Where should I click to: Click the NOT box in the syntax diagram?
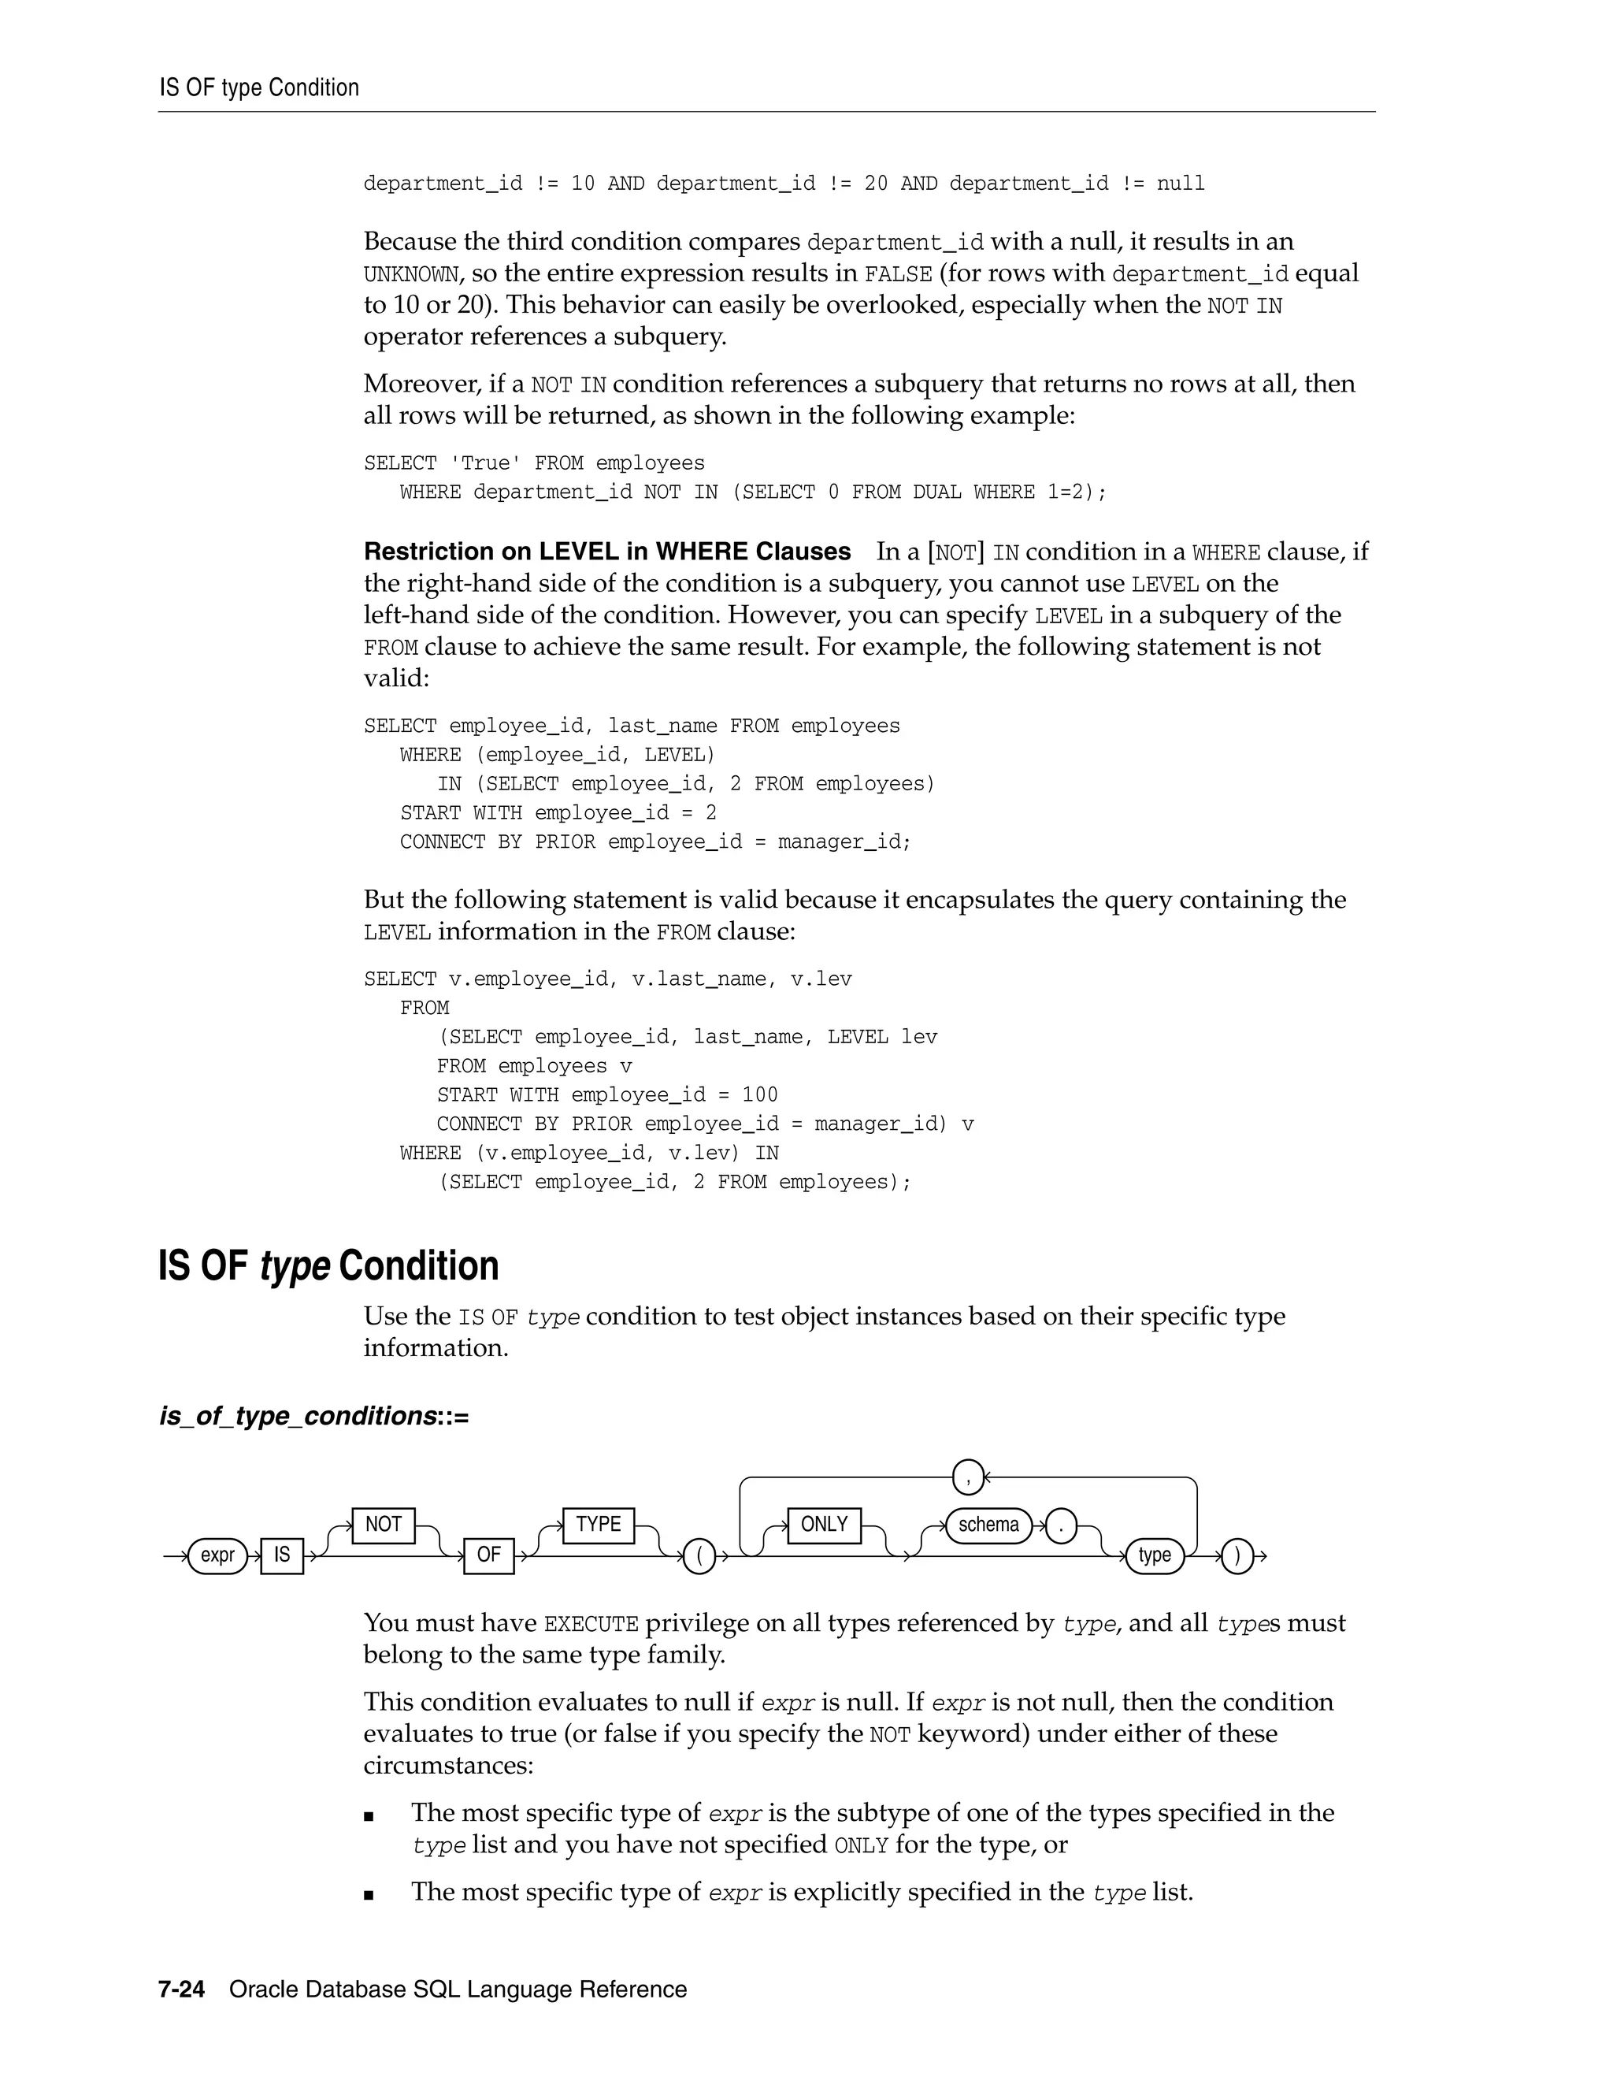(x=384, y=1524)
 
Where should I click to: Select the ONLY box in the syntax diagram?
(x=824, y=1524)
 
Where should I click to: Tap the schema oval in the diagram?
(x=988, y=1524)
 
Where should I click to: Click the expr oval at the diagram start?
(x=218, y=1555)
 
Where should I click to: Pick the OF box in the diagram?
(x=488, y=1555)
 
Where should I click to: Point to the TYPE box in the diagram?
(x=599, y=1524)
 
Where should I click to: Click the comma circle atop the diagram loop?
(x=968, y=1478)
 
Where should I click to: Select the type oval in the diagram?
(x=1155, y=1555)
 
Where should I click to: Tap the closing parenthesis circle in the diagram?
(x=1237, y=1556)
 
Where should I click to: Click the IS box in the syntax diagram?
(x=282, y=1555)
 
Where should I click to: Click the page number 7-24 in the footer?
(x=182, y=1990)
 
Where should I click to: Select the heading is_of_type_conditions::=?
(x=314, y=1416)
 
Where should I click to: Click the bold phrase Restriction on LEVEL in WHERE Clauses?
(x=606, y=552)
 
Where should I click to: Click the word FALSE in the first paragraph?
(x=897, y=274)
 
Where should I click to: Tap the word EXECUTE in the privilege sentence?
(x=591, y=1625)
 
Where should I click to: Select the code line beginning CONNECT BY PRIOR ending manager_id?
(x=655, y=842)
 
